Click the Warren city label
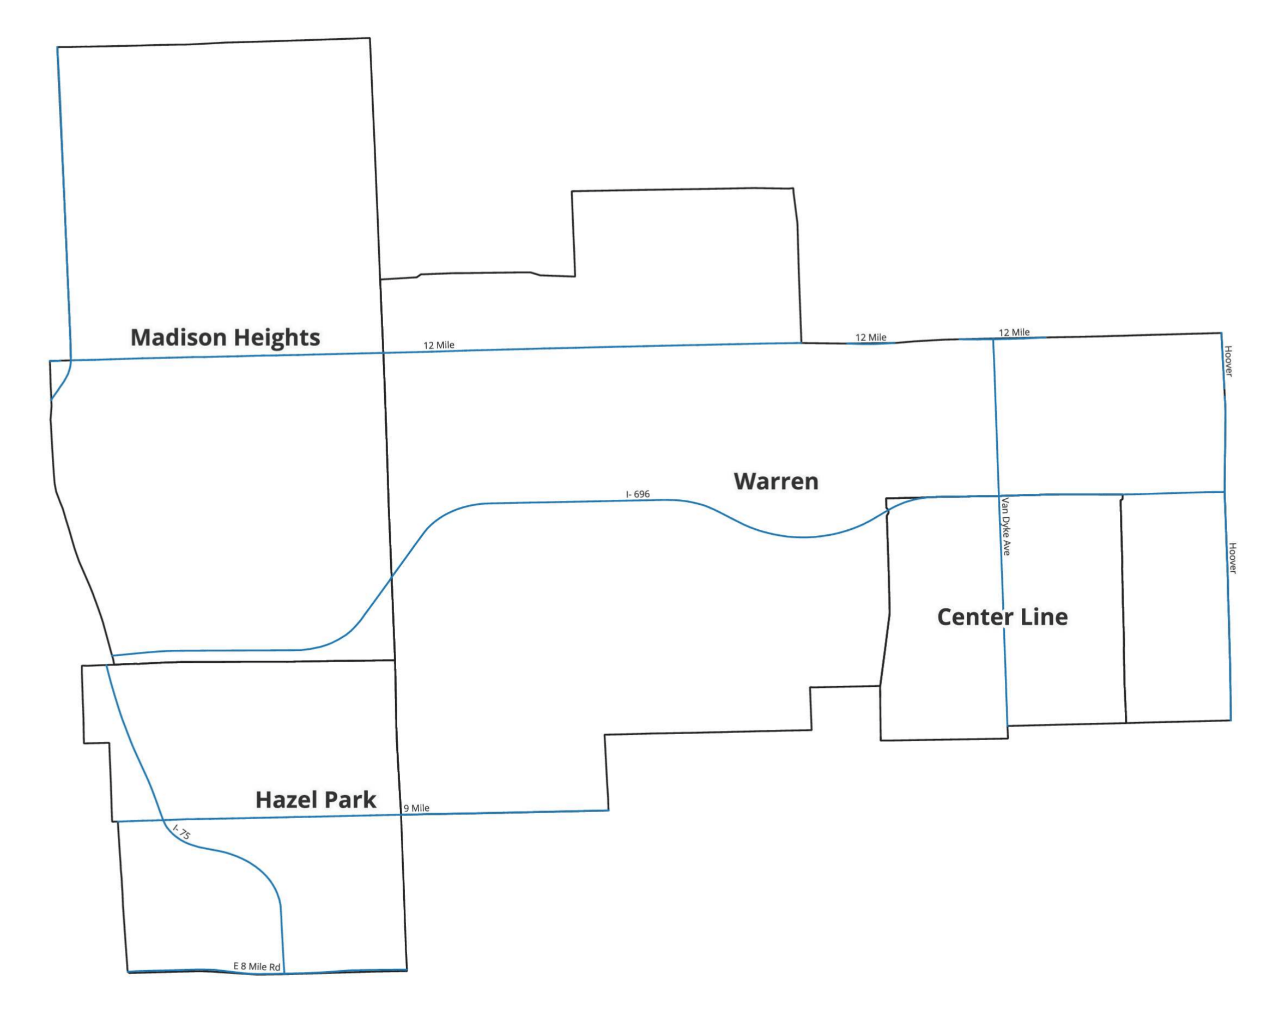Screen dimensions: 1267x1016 [775, 481]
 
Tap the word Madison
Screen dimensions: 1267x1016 [178, 337]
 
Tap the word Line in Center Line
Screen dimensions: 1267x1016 [1044, 617]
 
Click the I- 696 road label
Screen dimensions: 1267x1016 [638, 494]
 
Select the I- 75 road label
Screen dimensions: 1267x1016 [182, 832]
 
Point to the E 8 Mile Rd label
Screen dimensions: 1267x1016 [257, 966]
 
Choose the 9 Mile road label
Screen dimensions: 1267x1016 [416, 808]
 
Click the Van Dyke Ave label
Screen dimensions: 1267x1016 [1005, 527]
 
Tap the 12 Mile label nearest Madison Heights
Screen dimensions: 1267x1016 [439, 345]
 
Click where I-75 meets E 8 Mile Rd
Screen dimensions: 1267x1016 [284, 973]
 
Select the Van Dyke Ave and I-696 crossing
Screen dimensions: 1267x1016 [999, 495]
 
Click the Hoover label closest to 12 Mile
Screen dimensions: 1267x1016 [1228, 361]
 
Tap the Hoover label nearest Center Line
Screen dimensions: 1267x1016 [1232, 558]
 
